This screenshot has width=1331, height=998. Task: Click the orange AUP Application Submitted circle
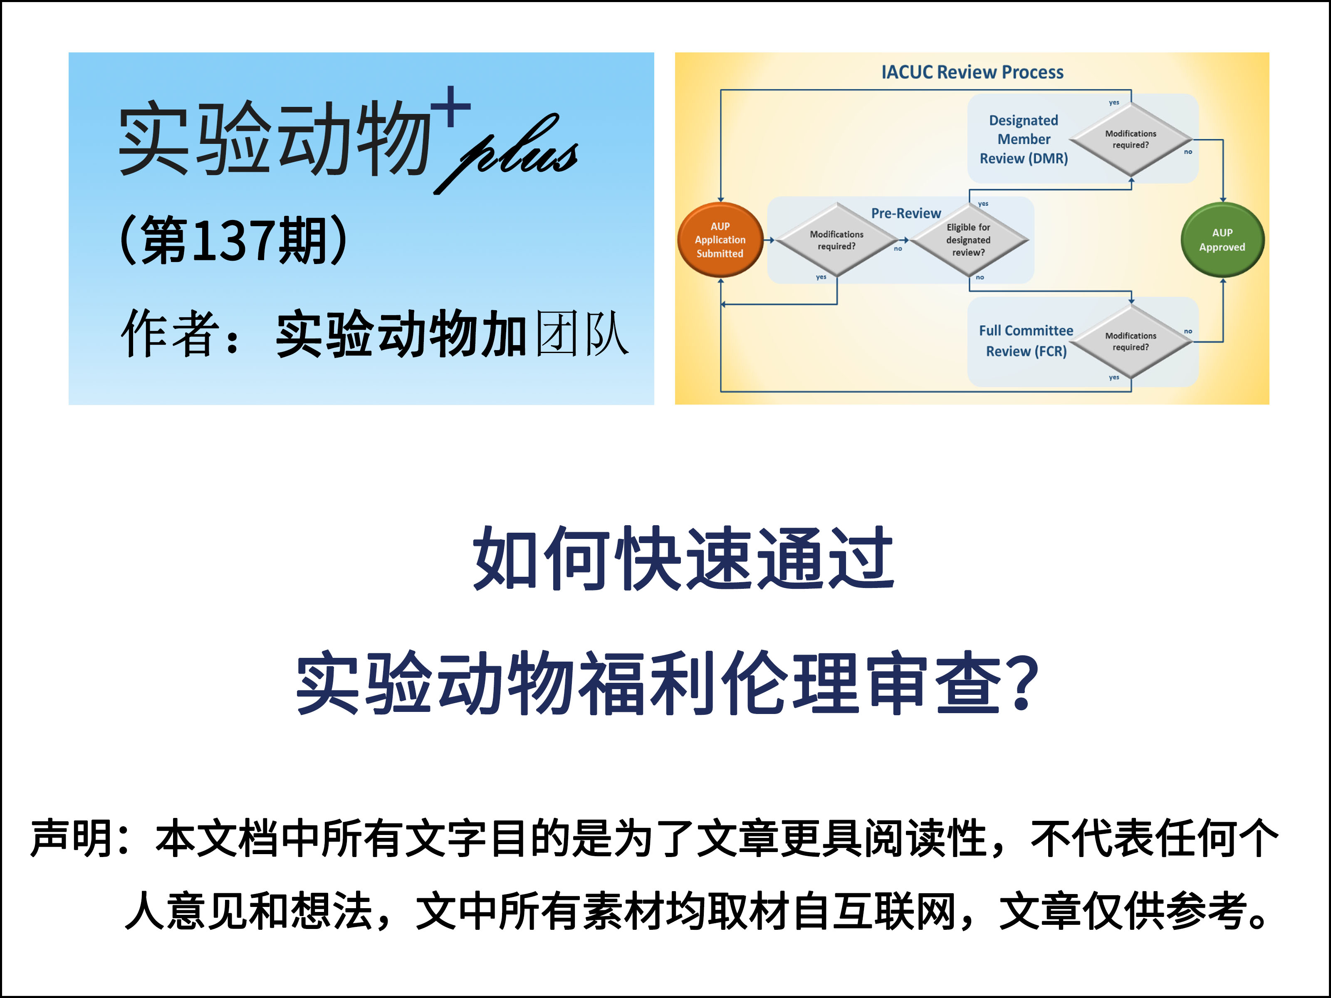[x=720, y=240]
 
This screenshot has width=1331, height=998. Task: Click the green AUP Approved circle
[x=1222, y=240]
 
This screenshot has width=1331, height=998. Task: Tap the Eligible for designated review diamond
[x=968, y=240]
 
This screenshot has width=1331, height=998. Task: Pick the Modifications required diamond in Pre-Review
[x=836, y=240]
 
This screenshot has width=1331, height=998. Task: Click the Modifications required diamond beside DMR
[x=1131, y=140]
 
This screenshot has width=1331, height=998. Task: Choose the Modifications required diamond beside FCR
[x=1131, y=342]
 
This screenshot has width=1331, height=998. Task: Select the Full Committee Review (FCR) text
[x=1026, y=341]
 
